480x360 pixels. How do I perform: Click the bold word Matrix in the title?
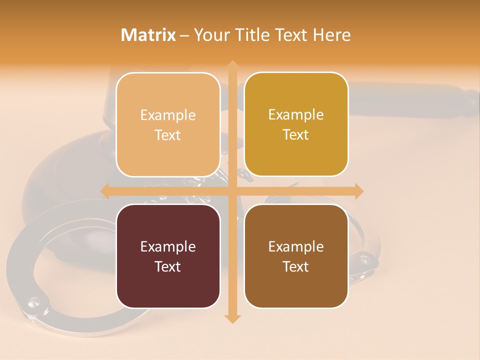(x=148, y=35)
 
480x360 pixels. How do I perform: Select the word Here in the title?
(x=332, y=35)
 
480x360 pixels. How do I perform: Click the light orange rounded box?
(x=168, y=124)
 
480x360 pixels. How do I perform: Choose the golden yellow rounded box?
(x=296, y=124)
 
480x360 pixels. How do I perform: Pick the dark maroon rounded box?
(x=168, y=256)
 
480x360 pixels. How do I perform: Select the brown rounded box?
(x=296, y=256)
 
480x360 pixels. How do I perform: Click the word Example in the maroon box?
(x=168, y=247)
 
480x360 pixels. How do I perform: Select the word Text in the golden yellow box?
(x=296, y=135)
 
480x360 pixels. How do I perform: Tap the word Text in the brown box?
(x=296, y=267)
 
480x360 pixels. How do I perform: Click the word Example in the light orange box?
(x=168, y=115)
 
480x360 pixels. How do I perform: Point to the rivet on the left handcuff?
(x=33, y=301)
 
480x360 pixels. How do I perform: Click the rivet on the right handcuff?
(x=363, y=258)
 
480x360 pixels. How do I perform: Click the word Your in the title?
(x=210, y=35)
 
